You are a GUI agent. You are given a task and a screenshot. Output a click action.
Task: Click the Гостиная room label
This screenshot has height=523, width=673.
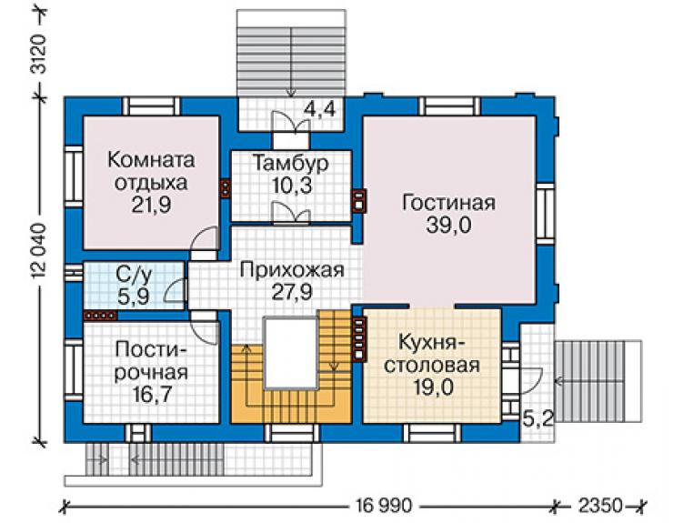[x=448, y=202]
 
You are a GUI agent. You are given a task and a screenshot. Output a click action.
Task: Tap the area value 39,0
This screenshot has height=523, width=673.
[x=448, y=225]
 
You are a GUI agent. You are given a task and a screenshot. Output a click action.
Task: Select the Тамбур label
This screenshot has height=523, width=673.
[x=291, y=163]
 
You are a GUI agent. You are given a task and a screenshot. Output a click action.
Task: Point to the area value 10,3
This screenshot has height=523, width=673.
[x=292, y=186]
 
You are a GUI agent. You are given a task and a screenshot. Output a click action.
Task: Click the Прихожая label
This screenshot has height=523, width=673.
[x=292, y=270]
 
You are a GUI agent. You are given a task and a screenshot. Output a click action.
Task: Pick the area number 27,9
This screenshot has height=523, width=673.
[x=292, y=292]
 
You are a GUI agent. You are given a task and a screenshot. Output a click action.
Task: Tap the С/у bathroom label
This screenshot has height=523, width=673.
[x=134, y=275]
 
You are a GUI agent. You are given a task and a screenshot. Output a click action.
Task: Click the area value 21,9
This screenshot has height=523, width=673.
[x=151, y=205]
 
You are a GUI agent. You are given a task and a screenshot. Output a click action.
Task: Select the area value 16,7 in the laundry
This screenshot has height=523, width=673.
[x=151, y=394]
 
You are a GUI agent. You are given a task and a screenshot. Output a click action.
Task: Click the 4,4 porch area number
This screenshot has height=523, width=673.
[x=319, y=109]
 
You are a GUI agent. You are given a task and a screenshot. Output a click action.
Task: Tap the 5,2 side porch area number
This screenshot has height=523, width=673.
[x=537, y=417]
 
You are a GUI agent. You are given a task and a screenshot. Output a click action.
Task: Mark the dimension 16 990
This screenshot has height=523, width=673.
[x=384, y=506]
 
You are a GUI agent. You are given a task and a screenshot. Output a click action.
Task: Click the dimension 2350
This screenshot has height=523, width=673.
[x=600, y=506]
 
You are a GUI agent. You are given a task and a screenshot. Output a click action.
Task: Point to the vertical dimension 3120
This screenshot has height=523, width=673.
[x=39, y=54]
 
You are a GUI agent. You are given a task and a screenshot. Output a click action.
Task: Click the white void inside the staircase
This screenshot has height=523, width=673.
[x=291, y=353]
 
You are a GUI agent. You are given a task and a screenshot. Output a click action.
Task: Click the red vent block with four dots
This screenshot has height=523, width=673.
[x=100, y=316]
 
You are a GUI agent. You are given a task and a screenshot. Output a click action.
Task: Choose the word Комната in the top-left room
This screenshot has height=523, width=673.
[x=151, y=160]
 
